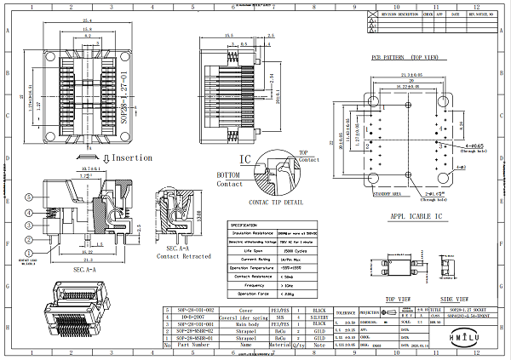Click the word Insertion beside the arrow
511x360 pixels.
tap(132, 157)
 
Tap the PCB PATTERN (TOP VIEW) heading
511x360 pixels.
tap(404, 58)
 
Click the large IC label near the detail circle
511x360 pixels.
tap(245, 159)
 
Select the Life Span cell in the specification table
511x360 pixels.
tap(252, 252)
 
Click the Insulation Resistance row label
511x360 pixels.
tap(252, 231)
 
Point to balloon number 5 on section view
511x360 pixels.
tap(30, 197)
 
